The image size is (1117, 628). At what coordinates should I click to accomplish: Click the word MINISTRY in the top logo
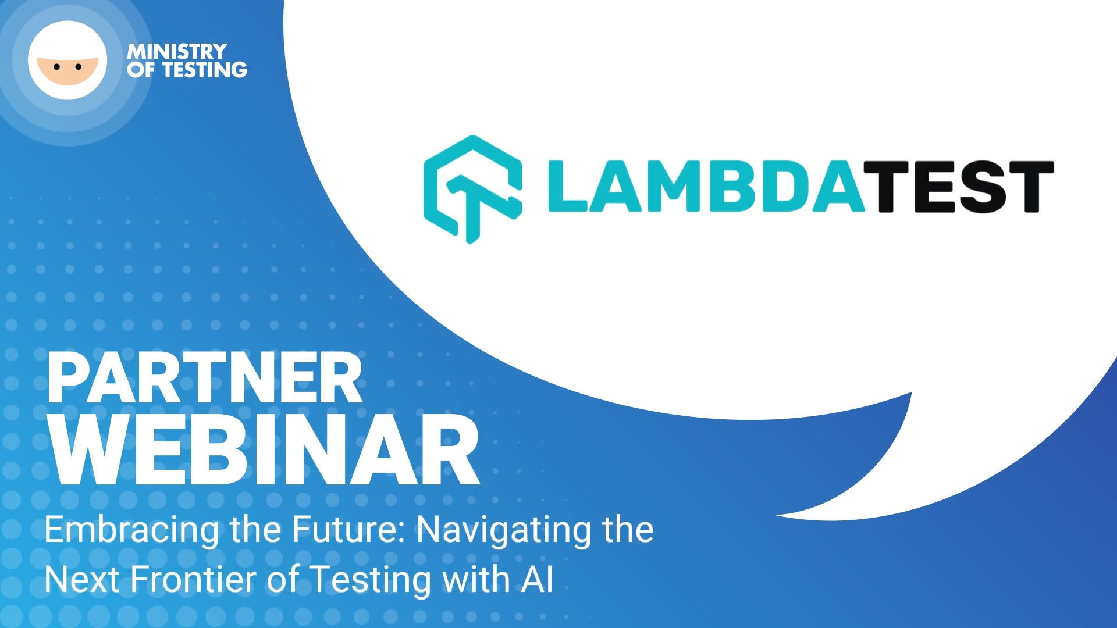point(177,51)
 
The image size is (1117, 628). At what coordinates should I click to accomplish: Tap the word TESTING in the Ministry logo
point(205,70)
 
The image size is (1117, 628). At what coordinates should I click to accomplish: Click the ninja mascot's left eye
point(56,67)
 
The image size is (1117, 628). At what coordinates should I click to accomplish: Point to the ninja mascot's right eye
point(79,67)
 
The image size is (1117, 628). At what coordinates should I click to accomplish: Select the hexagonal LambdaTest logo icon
point(472,189)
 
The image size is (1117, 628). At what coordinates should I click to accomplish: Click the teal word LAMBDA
point(706,186)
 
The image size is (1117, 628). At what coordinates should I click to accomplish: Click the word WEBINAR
point(265,449)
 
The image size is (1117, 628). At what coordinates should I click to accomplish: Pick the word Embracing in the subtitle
point(131,530)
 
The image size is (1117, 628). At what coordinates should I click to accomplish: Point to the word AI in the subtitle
point(538,580)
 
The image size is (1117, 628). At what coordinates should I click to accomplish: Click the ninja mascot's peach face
point(67,70)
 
